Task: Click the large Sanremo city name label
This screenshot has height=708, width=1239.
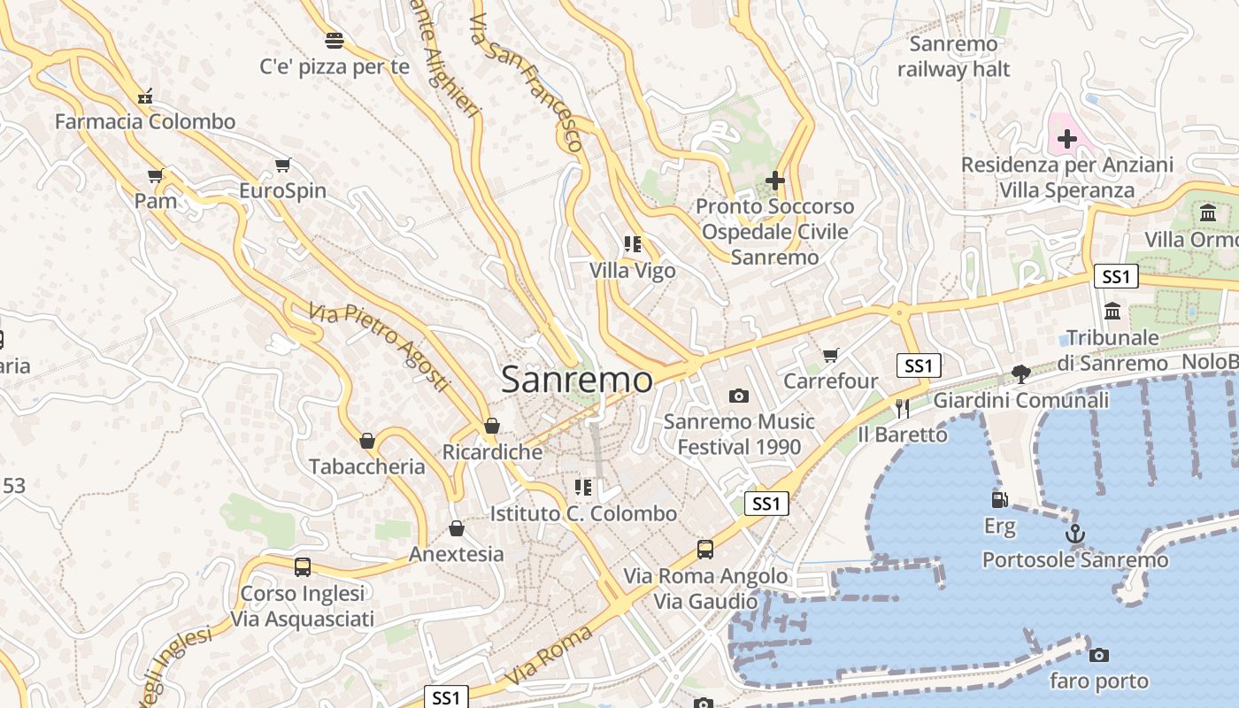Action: (x=577, y=380)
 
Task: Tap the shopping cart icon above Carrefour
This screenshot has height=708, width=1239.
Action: (x=830, y=355)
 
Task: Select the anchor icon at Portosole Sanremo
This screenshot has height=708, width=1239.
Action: (x=1074, y=534)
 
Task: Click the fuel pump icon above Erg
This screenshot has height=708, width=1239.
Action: (x=999, y=500)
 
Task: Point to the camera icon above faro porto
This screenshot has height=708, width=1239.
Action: (x=1098, y=655)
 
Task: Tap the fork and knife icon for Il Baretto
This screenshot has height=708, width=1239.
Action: (x=902, y=408)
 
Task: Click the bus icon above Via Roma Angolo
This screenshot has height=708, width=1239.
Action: (x=704, y=550)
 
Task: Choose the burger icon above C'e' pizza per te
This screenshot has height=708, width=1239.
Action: (x=334, y=40)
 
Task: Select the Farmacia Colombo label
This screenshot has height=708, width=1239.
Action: (x=145, y=121)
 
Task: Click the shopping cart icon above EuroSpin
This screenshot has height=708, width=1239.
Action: (x=282, y=165)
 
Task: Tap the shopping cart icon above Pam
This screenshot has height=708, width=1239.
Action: (x=156, y=175)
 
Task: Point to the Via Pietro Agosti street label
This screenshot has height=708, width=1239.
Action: (x=379, y=348)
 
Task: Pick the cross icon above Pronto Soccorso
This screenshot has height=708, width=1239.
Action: (x=774, y=181)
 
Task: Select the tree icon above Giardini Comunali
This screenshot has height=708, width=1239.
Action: (x=1020, y=373)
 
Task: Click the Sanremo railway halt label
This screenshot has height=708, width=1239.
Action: (x=953, y=56)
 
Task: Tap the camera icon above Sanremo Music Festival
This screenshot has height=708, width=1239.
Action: (x=738, y=396)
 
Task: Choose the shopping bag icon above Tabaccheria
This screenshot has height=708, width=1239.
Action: (x=366, y=441)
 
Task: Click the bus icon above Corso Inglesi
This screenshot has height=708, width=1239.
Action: (x=303, y=567)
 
